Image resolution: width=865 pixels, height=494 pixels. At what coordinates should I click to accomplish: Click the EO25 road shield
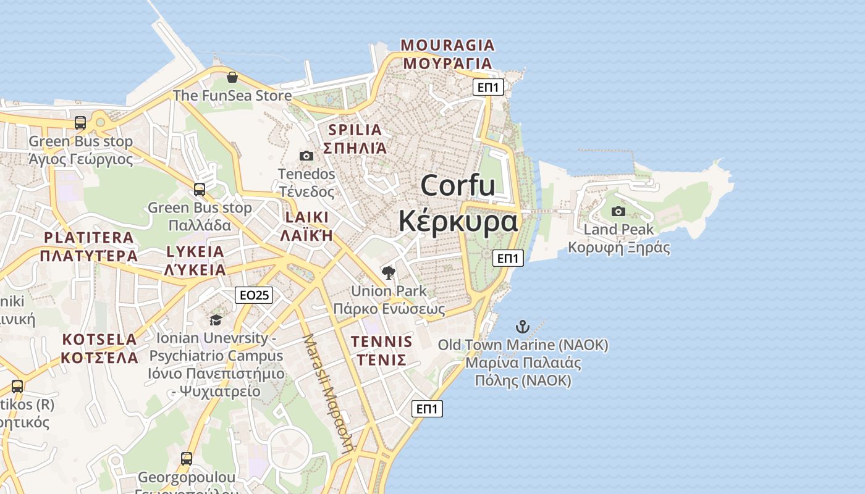tap(254, 295)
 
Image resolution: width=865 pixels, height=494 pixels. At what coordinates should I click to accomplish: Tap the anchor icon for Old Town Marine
tap(523, 326)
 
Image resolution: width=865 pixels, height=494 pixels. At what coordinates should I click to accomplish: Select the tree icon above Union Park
tap(389, 272)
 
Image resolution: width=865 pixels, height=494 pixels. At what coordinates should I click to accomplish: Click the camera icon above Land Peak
tap(618, 212)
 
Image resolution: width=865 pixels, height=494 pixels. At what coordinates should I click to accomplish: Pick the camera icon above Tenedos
tap(306, 156)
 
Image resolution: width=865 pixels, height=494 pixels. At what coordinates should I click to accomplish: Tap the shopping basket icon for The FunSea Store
tap(232, 77)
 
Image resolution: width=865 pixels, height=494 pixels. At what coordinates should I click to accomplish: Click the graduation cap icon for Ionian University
tap(216, 319)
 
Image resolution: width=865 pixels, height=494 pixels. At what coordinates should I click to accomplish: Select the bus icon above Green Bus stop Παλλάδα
tap(199, 190)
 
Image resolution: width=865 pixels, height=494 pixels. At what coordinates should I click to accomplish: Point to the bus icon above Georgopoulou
tap(186, 459)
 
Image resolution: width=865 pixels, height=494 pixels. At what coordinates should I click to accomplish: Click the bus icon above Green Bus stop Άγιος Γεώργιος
tap(80, 123)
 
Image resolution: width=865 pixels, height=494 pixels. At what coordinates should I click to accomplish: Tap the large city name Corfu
tap(458, 185)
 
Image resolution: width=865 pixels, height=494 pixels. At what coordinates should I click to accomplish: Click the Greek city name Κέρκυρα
tap(458, 221)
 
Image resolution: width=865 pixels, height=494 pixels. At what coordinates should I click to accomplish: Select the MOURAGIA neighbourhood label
tap(448, 45)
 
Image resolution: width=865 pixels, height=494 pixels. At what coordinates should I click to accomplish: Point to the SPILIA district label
tap(355, 130)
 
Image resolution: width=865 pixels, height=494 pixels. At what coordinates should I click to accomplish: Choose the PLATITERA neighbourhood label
tap(89, 238)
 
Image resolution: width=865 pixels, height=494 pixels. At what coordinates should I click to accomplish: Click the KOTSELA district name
tap(99, 340)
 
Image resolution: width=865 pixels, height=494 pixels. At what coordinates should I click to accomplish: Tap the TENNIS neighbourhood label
tap(381, 341)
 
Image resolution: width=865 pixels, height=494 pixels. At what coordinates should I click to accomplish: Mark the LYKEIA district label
tap(195, 251)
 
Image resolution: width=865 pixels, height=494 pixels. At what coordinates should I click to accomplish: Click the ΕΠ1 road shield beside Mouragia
tap(488, 87)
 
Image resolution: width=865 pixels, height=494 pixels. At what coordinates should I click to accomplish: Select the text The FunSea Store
tap(232, 96)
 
